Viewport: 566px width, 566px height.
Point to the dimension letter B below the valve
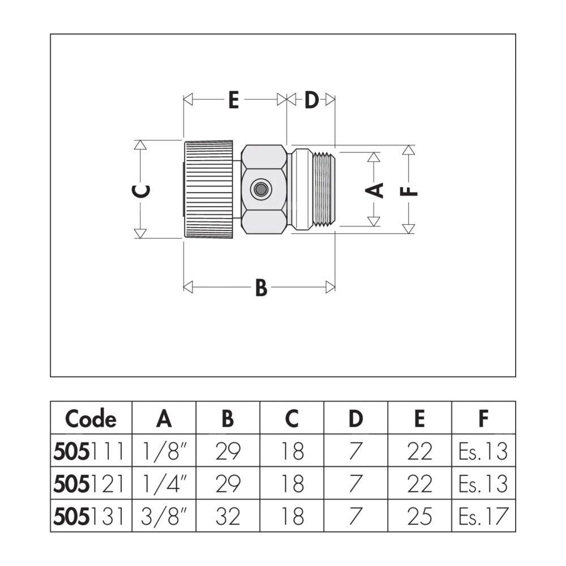[260, 288]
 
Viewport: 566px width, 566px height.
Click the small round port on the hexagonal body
[261, 189]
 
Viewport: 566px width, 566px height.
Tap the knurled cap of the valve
[208, 189]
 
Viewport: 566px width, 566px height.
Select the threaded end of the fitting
[323, 189]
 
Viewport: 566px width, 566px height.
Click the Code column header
[91, 419]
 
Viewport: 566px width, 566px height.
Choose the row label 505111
[91, 451]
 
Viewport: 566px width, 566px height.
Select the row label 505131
[91, 516]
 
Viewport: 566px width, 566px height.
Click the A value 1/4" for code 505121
[164, 484]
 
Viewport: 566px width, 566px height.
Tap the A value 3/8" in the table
[164, 516]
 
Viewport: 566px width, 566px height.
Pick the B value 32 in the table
[228, 516]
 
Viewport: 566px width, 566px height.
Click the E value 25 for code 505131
[419, 516]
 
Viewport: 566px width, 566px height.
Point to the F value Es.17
[483, 516]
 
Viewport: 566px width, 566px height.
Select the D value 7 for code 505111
[355, 451]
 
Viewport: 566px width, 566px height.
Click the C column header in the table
[291, 419]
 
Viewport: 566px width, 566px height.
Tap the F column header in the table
[483, 419]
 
